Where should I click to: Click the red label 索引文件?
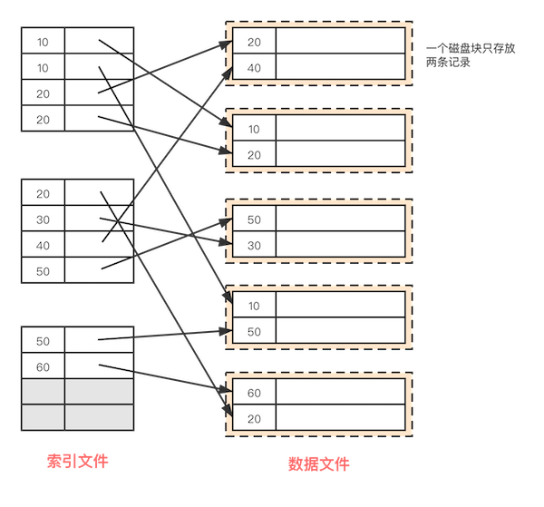coord(77,462)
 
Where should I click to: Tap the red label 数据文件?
coord(318,464)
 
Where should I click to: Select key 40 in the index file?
coord(44,245)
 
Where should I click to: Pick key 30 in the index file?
coord(44,219)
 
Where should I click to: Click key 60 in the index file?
coord(44,366)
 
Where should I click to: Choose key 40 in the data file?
coord(254,67)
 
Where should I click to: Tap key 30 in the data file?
coord(254,245)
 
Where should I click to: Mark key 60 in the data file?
coord(254,393)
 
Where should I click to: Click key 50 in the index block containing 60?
coord(44,341)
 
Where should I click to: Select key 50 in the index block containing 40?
coord(44,270)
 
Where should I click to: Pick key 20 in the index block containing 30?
coord(44,194)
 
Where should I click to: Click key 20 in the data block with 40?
coord(254,42)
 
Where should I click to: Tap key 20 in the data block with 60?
coord(254,418)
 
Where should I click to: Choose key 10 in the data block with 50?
coord(254,307)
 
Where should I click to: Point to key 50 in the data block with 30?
coord(254,219)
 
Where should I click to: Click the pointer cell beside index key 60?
coord(99,366)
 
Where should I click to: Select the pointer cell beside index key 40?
coord(99,245)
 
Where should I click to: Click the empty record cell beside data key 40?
coord(340,67)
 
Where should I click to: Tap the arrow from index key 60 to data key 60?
coord(163,379)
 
